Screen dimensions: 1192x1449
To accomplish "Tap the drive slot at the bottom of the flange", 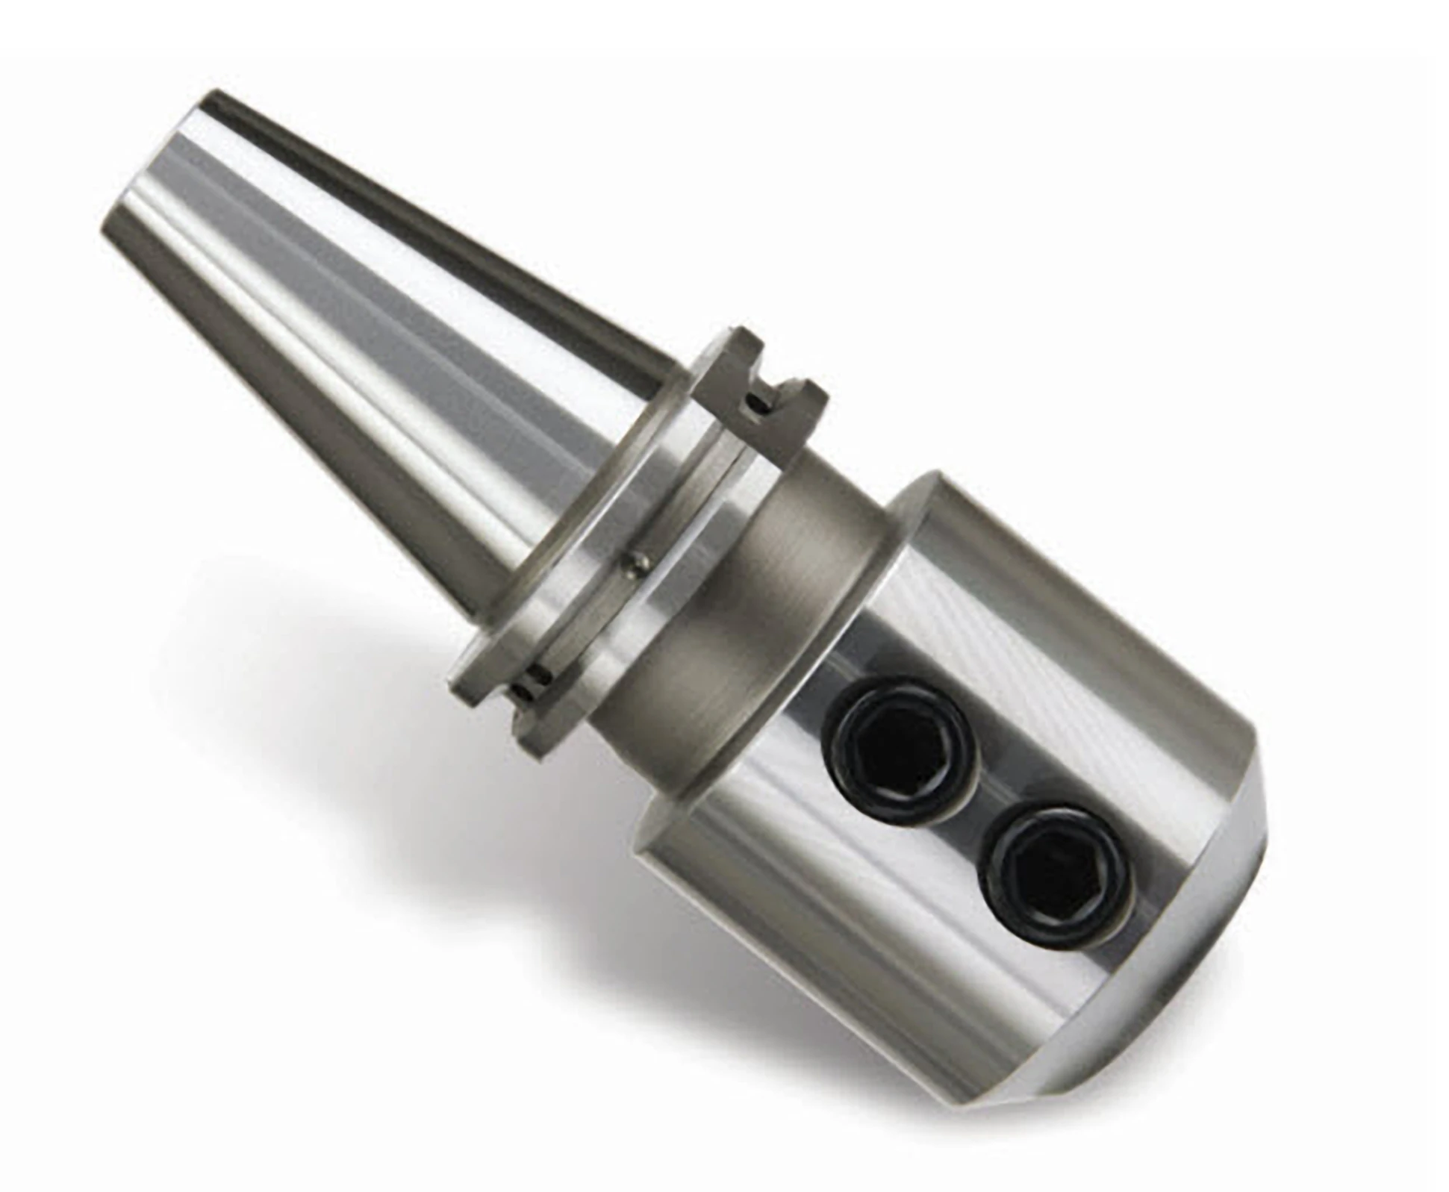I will tap(535, 683).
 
